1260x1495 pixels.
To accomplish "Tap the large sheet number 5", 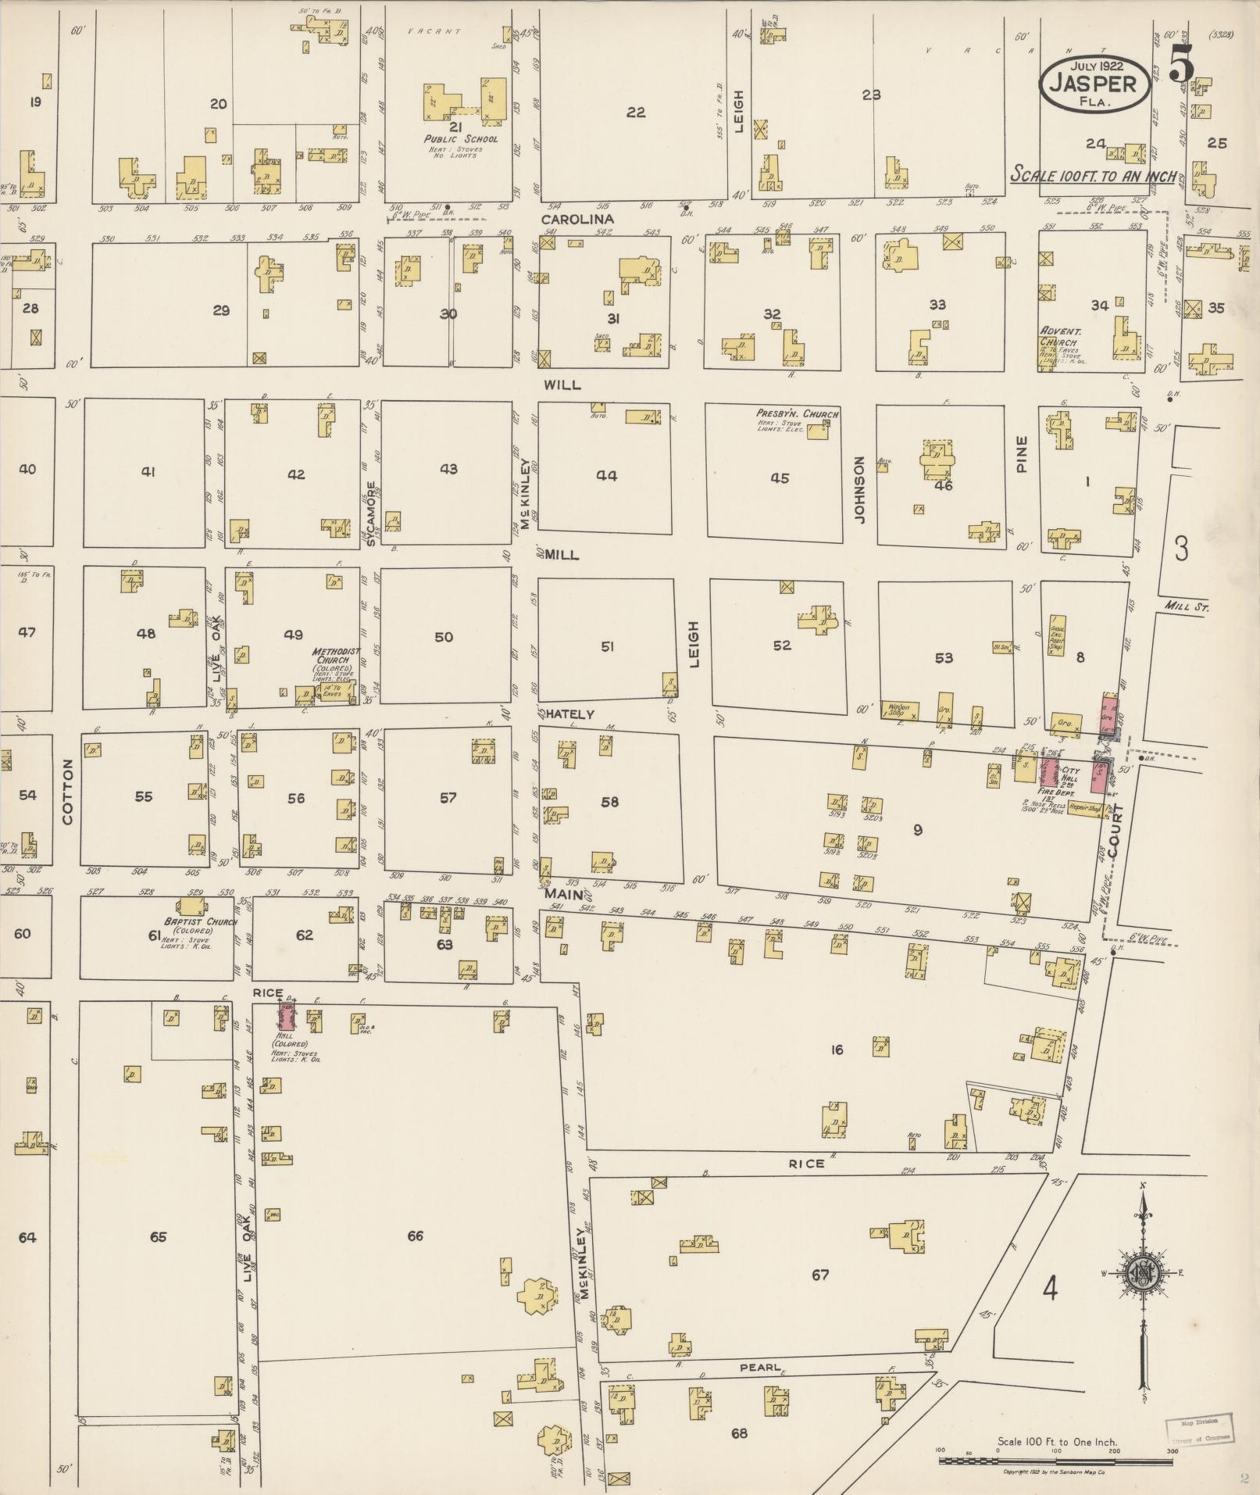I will click(x=1181, y=66).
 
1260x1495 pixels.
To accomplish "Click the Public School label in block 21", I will click(x=460, y=139).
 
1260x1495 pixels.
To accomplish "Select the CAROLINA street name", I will click(x=577, y=220).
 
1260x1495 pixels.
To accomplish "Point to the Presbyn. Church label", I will click(x=797, y=413).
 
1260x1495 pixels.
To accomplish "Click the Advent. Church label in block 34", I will click(x=1059, y=336).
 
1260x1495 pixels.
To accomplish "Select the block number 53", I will click(x=944, y=657).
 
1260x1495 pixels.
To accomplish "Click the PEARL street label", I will click(x=761, y=1367).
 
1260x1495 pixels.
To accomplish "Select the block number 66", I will click(x=415, y=1236).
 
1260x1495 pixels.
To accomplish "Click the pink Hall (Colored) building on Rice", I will click(x=287, y=1017).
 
